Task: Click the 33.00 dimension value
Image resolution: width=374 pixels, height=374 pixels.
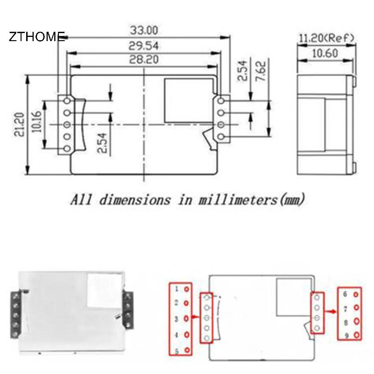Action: click(x=144, y=30)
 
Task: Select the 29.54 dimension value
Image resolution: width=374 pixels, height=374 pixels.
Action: click(x=144, y=46)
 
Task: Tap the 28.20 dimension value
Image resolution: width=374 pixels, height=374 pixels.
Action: click(x=144, y=59)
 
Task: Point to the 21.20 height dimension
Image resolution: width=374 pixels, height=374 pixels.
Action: click(x=19, y=124)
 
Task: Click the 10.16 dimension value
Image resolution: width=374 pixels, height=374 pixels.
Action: click(x=36, y=122)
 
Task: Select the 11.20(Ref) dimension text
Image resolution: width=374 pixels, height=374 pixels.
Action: click(x=326, y=38)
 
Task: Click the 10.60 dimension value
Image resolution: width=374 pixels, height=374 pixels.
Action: click(x=325, y=53)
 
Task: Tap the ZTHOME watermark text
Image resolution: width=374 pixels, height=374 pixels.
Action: click(x=37, y=36)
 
